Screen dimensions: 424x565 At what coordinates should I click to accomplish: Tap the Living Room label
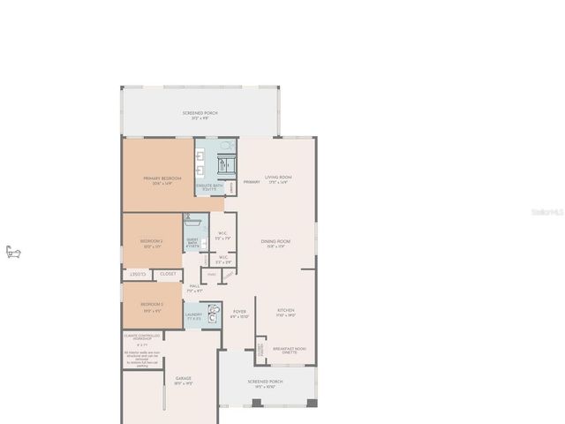279,179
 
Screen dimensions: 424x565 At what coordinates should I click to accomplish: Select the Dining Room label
275,243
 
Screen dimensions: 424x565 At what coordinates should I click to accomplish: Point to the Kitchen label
286,312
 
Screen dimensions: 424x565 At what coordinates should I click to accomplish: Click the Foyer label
239,314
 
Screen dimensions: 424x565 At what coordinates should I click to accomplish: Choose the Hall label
195,288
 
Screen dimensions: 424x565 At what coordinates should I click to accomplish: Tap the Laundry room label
193,315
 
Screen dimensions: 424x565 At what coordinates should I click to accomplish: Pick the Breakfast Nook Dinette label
290,350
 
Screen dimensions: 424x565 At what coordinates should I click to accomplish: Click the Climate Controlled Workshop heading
141,337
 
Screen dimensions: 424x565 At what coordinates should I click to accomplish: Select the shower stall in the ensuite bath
223,164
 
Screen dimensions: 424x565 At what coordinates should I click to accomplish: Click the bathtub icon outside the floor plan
12,253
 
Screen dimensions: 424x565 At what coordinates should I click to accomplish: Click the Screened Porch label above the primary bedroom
200,114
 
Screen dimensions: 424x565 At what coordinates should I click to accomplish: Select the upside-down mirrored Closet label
139,275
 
